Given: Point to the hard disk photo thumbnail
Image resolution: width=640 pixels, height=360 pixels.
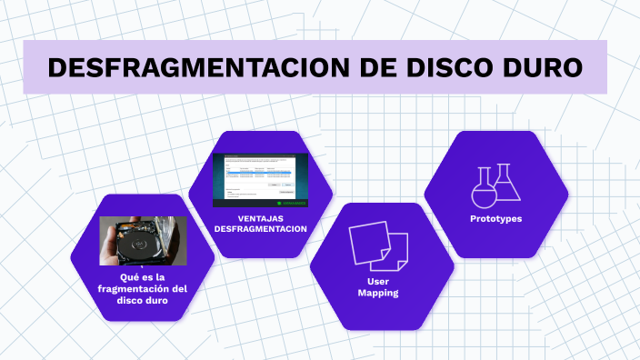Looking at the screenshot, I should click(x=142, y=240).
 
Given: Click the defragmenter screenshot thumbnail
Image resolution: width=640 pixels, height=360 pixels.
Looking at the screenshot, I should click(x=260, y=175).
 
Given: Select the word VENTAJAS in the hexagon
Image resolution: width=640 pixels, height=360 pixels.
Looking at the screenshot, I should click(x=260, y=218).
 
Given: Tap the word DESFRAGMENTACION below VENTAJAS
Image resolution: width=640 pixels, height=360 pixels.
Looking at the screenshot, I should click(x=260, y=230).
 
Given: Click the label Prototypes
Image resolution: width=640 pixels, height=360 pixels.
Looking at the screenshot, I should click(x=495, y=219).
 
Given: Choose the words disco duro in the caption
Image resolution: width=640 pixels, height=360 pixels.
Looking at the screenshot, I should click(x=142, y=301).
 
